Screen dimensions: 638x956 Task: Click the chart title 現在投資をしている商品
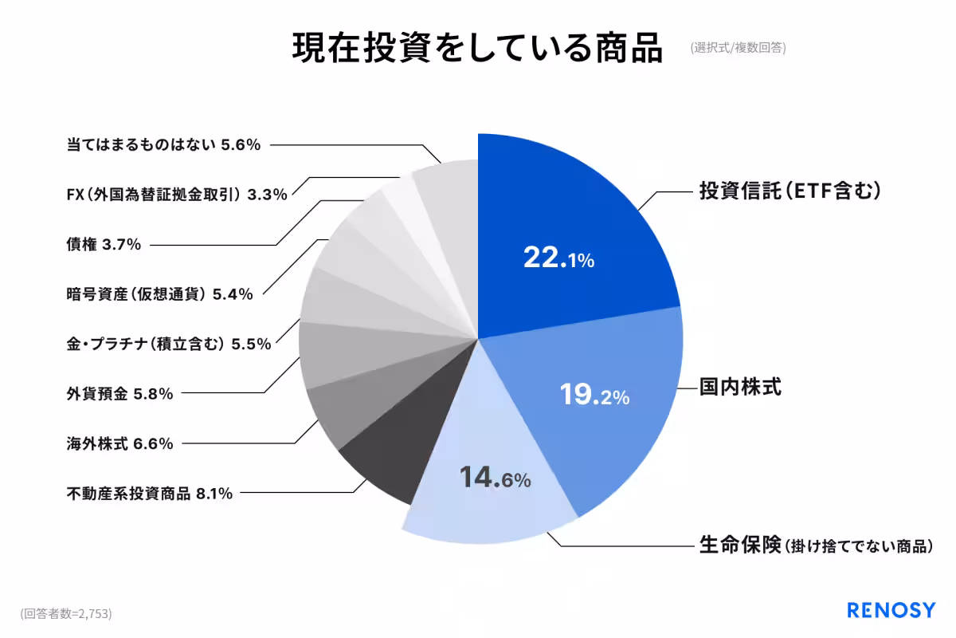(x=477, y=49)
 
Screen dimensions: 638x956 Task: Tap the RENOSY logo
(x=891, y=611)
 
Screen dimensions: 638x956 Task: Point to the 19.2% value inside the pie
(x=594, y=396)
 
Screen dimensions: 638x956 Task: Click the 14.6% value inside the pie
(x=495, y=478)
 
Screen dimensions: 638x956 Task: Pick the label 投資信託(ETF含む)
(x=789, y=191)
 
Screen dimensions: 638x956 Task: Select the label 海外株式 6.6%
(x=120, y=443)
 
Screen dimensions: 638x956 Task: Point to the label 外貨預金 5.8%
(x=120, y=393)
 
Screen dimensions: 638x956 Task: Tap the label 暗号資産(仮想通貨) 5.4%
(x=160, y=294)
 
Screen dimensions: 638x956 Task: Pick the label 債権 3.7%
(x=104, y=244)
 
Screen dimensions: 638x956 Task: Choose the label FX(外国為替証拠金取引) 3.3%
(x=177, y=195)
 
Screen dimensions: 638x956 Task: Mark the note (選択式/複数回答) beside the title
(x=739, y=48)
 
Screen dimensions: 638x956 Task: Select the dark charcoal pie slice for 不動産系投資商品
(x=382, y=471)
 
